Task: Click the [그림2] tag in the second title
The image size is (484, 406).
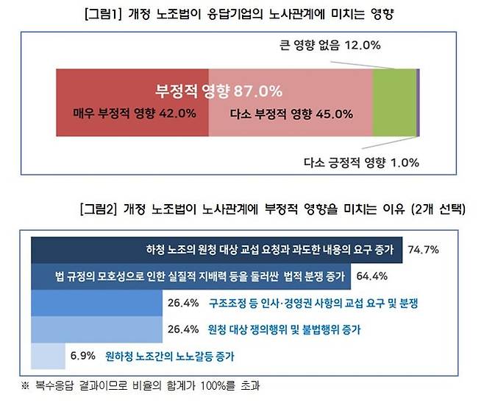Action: tap(98, 209)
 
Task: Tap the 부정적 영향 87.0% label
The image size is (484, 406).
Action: tap(218, 91)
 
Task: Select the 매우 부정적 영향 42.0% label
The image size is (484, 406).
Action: tap(134, 113)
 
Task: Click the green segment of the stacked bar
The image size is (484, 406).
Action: tap(394, 102)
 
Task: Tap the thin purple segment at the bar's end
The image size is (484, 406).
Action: tap(418, 102)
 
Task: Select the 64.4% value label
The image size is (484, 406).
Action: tap(371, 276)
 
